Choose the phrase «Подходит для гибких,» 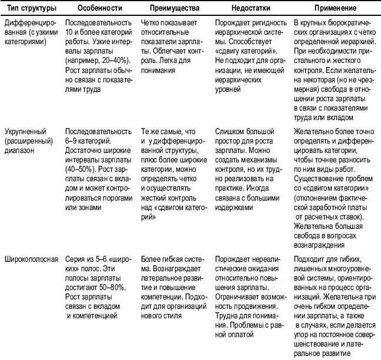pos(327,258)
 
